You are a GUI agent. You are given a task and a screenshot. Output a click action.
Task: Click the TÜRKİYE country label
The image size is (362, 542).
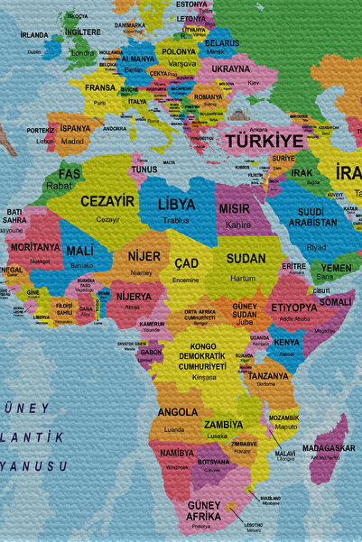(x=265, y=142)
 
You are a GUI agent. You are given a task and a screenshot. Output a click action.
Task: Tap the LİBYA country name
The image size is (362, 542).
(x=176, y=205)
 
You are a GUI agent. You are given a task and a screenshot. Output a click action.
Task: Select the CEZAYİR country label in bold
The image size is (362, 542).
(x=107, y=201)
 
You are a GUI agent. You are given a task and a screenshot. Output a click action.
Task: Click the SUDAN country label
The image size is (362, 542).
(x=246, y=258)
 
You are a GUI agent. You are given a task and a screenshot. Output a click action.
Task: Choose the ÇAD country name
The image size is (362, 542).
(x=186, y=262)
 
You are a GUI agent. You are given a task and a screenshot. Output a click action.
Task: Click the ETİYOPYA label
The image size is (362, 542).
(x=293, y=308)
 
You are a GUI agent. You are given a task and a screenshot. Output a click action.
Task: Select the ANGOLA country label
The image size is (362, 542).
(x=177, y=412)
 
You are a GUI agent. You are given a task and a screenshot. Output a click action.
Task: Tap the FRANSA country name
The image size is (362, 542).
(x=99, y=88)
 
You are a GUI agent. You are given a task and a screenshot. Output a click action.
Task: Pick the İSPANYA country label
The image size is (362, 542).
(x=76, y=128)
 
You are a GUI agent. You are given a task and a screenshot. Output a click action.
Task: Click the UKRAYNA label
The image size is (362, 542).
(x=230, y=69)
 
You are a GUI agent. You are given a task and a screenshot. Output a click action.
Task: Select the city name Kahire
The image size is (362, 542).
(x=238, y=224)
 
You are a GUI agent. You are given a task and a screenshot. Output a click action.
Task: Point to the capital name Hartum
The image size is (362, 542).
(x=243, y=279)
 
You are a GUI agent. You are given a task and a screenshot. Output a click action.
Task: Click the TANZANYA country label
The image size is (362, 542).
(x=268, y=376)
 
